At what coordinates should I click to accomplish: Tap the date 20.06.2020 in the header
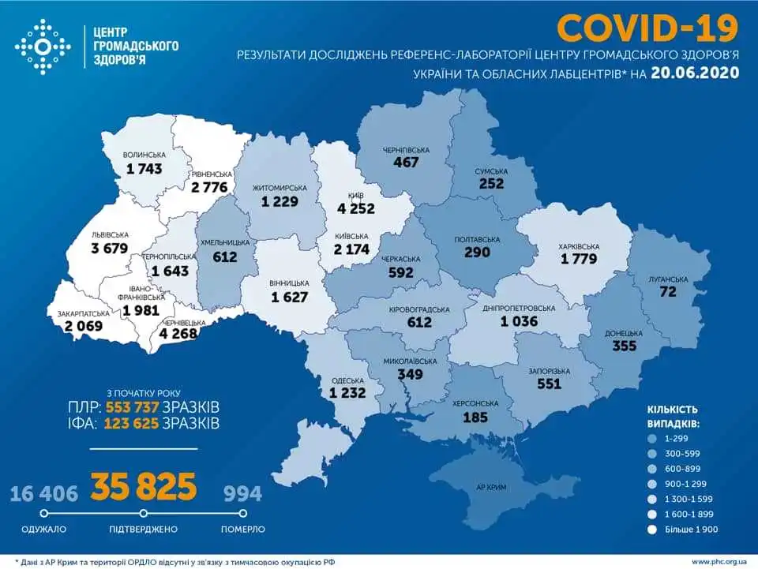click(696, 73)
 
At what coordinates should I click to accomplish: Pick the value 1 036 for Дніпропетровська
click(523, 322)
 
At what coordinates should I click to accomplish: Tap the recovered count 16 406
click(44, 494)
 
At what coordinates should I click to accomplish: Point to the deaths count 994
click(242, 494)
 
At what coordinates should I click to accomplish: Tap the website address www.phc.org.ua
click(719, 561)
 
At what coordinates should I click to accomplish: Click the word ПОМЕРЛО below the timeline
click(242, 529)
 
